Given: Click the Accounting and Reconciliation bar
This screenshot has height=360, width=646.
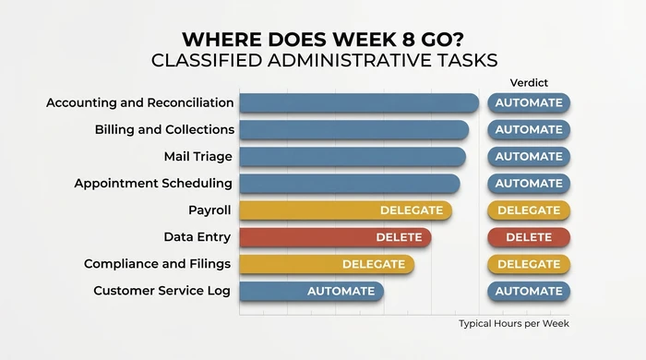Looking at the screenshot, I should pyautogui.click(x=358, y=102).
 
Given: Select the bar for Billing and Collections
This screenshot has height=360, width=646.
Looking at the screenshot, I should pyautogui.click(x=353, y=129).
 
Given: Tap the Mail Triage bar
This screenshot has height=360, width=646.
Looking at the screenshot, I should pyautogui.click(x=352, y=156).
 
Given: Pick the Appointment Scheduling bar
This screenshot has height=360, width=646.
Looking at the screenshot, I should pyautogui.click(x=349, y=183).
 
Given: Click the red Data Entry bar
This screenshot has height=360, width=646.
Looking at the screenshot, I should pyautogui.click(x=335, y=237).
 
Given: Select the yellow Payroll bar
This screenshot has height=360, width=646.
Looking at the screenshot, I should pyautogui.click(x=345, y=210).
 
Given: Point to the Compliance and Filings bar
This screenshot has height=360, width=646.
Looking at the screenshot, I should pyautogui.click(x=326, y=264).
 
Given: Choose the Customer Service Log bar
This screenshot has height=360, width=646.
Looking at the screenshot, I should pyautogui.click(x=311, y=291).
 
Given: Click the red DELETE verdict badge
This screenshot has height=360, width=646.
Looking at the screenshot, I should pyautogui.click(x=529, y=237).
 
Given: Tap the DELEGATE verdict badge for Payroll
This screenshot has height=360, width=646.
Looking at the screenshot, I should pyautogui.click(x=529, y=210).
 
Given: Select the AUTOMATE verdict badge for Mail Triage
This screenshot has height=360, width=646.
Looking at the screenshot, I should pyautogui.click(x=529, y=156).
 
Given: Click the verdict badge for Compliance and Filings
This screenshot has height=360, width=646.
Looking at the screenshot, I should pyautogui.click(x=529, y=264).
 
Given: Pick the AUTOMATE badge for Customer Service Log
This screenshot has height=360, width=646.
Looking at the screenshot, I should pyautogui.click(x=529, y=291).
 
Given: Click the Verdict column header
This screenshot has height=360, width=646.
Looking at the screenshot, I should pyautogui.click(x=529, y=83).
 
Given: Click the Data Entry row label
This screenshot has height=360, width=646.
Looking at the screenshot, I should pyautogui.click(x=197, y=237).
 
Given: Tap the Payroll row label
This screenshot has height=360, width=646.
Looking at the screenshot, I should pyautogui.click(x=209, y=210).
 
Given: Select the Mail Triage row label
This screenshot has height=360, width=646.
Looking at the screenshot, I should pyautogui.click(x=197, y=156).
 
